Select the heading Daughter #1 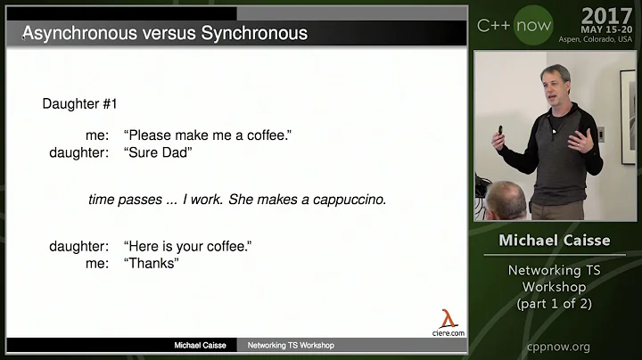coord(80,103)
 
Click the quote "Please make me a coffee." coord(208,135)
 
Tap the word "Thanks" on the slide coord(152,263)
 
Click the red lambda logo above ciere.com coord(449,318)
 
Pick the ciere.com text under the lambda coord(449,333)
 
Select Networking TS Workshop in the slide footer coord(291,345)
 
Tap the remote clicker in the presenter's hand coord(500,131)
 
